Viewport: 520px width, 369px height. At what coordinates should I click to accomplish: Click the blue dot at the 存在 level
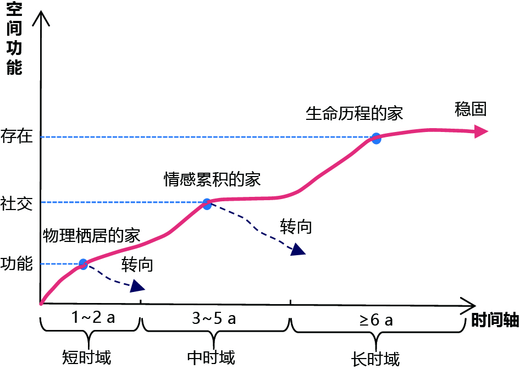(376, 138)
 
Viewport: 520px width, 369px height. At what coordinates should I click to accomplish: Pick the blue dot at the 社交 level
(207, 204)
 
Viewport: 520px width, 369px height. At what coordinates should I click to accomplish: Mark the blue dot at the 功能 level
(83, 264)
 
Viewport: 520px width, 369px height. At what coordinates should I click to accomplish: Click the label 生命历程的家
(355, 113)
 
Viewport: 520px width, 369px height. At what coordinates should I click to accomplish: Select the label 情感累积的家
(212, 179)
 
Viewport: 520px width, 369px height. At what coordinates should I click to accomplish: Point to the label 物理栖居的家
(92, 235)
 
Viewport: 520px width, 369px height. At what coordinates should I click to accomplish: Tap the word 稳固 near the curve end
(471, 109)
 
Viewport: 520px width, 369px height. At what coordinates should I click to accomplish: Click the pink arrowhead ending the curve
(481, 131)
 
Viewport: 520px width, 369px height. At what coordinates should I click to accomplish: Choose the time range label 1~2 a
(93, 319)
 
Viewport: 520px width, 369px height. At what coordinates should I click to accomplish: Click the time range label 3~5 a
(214, 319)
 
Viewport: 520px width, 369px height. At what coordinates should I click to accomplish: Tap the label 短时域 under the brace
(87, 357)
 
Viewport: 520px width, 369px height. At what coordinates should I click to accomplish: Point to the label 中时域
(211, 357)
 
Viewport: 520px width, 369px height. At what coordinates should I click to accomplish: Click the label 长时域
(375, 359)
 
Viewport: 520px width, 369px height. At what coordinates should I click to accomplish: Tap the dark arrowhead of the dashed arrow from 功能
(137, 287)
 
